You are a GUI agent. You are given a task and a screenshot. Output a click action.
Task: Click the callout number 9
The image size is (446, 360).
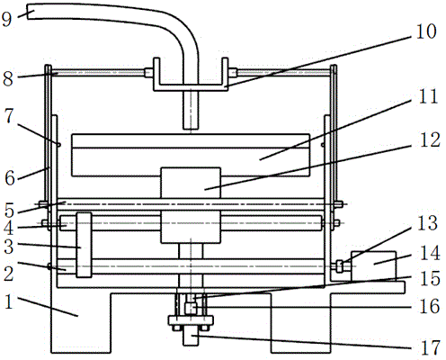coord(6,19)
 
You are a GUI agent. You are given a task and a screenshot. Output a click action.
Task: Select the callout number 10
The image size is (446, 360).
coord(426,31)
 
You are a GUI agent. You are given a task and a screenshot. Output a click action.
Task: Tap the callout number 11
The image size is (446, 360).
coord(428,96)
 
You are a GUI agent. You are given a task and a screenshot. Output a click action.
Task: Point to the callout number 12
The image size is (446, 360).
coord(430,139)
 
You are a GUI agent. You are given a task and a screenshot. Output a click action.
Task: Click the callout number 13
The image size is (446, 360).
coord(427,223)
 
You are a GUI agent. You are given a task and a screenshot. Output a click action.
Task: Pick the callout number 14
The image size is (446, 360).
coord(430,253)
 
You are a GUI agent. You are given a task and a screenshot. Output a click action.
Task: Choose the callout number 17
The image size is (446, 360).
coord(430,348)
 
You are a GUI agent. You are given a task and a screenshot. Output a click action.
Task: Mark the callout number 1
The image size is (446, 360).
coord(9,301)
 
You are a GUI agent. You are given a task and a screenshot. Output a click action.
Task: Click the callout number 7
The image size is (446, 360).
coord(9,116)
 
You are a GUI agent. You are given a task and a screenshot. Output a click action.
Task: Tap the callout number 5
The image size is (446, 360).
coord(9,211)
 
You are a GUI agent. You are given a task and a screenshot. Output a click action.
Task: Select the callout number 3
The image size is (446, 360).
coord(9,247)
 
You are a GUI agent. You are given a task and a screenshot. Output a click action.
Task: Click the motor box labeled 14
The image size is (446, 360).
coord(373,266)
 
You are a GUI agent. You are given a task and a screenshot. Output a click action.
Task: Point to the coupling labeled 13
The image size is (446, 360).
coord(339,266)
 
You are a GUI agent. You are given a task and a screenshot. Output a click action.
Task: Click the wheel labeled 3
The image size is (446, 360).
coord(84,245)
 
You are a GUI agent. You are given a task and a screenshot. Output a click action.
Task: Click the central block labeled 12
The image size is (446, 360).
coord(191,205)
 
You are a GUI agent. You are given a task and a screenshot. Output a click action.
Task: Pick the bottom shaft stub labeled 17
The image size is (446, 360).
coord(191,336)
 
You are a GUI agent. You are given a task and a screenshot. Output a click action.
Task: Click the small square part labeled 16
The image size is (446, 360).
coord(191,309)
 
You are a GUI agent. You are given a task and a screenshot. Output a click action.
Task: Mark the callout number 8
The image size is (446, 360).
coord(8,79)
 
